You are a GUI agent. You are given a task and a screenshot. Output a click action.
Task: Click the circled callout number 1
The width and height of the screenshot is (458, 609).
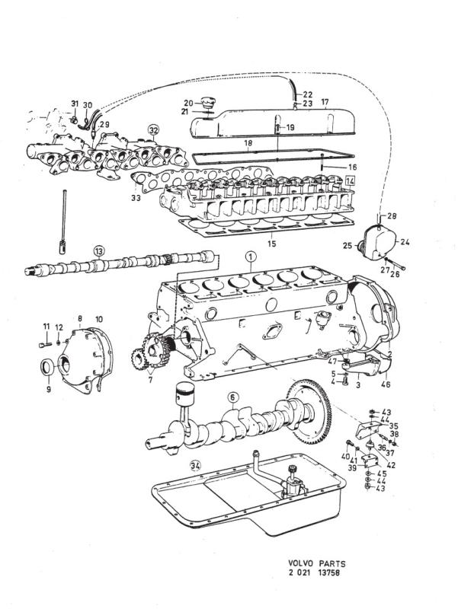point(251,257)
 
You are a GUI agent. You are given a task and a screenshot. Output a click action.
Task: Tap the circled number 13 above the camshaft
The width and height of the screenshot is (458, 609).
point(99,251)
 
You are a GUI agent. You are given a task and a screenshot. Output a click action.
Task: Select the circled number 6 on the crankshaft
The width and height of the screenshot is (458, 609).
point(232,397)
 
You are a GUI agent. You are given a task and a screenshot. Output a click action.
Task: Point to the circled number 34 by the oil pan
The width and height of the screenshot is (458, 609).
point(196,466)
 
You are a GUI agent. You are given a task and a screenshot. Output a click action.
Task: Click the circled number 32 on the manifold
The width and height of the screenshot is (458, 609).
point(154,129)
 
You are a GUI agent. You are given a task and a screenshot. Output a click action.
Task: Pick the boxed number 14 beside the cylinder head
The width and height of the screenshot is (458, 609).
point(351,180)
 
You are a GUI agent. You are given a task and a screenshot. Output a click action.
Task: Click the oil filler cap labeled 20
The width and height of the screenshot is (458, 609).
point(207,106)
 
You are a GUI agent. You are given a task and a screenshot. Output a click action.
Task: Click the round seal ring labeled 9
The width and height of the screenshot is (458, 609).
point(48,367)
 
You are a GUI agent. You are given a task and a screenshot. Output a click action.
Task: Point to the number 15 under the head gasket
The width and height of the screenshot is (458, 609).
point(272,244)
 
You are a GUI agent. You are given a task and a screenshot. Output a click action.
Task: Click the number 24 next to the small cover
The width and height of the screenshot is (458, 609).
point(405,242)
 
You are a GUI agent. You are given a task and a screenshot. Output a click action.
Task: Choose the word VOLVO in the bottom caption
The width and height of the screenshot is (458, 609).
point(301,563)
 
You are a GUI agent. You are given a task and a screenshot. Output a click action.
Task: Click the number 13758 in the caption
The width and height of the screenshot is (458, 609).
point(329,573)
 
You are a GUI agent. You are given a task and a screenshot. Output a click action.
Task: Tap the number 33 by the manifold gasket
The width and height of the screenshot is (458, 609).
point(136,198)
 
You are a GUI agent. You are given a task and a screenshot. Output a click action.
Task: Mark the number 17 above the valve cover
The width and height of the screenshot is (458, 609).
point(325,102)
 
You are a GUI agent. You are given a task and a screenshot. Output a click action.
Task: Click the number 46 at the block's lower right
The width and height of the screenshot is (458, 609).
point(386,384)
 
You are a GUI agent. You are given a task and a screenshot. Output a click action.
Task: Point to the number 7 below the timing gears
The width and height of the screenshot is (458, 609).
point(150,379)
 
